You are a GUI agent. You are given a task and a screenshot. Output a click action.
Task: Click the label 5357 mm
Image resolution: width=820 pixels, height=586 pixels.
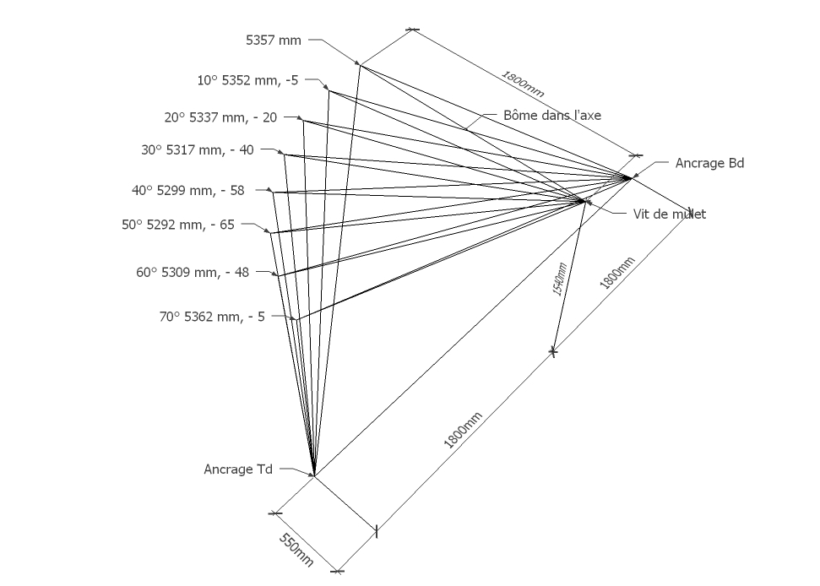274,41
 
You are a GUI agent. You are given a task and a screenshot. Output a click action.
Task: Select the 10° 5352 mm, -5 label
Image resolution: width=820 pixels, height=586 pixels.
247,80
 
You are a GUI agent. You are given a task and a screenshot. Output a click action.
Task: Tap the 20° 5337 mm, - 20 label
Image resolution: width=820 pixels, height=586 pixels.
220,117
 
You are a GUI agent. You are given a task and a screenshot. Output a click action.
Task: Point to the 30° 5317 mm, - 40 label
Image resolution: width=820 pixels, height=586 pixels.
197,150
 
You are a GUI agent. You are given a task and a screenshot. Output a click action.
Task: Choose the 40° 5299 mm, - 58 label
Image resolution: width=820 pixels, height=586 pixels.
187,190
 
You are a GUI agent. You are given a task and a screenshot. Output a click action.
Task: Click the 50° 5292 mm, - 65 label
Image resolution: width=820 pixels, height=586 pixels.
178,225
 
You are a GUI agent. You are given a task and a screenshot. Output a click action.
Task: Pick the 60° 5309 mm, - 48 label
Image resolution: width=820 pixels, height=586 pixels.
193,273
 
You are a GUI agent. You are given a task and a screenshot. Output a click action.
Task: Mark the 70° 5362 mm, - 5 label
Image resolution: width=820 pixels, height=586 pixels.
212,317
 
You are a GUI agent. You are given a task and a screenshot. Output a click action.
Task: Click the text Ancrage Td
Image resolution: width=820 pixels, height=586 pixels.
238,469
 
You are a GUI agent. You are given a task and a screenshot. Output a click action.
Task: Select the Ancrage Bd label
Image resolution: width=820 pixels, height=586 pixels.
709,163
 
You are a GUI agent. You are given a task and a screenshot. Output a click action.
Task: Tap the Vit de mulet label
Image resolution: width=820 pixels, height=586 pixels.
670,214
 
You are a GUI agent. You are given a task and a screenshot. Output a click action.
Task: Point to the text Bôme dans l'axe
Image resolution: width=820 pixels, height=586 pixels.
552,115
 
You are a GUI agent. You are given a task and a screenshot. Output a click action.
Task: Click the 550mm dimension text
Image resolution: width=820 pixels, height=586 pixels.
296,550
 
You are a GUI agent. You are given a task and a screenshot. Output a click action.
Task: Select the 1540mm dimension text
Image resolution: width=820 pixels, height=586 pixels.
560,279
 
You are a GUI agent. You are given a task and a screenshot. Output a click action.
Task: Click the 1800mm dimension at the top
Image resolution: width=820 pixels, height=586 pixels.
523,84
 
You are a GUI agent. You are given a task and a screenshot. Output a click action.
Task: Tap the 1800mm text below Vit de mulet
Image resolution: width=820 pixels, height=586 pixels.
617,273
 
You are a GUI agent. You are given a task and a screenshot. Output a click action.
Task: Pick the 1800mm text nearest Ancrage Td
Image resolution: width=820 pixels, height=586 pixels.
462,431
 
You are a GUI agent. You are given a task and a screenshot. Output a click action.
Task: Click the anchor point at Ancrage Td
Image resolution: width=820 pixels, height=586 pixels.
314,475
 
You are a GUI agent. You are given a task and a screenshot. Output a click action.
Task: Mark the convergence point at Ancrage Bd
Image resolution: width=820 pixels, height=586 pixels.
630,178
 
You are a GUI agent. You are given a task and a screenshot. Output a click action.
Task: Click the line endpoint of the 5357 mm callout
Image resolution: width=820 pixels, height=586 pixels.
360,64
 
